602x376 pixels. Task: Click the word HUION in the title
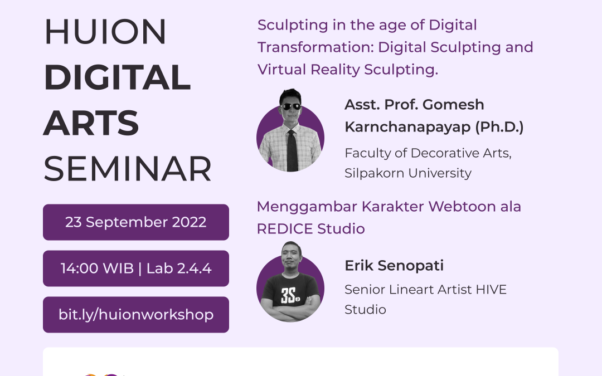tap(105, 32)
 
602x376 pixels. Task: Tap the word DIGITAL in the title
tap(117, 77)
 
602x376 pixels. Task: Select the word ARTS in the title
tap(91, 123)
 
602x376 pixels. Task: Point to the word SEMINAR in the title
tap(128, 169)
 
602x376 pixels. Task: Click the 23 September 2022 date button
tap(136, 222)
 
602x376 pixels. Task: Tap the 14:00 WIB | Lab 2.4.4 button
tap(136, 268)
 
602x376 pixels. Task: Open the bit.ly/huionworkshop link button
tap(136, 314)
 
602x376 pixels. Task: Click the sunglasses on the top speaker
tap(290, 106)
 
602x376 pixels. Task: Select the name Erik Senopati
tap(394, 266)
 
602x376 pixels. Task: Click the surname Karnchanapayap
tap(408, 127)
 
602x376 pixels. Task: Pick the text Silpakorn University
tap(408, 173)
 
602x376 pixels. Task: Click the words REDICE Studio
tap(310, 228)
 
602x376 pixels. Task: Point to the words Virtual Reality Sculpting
tap(348, 69)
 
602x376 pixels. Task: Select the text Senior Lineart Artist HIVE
tap(425, 290)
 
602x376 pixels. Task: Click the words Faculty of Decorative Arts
tap(428, 153)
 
